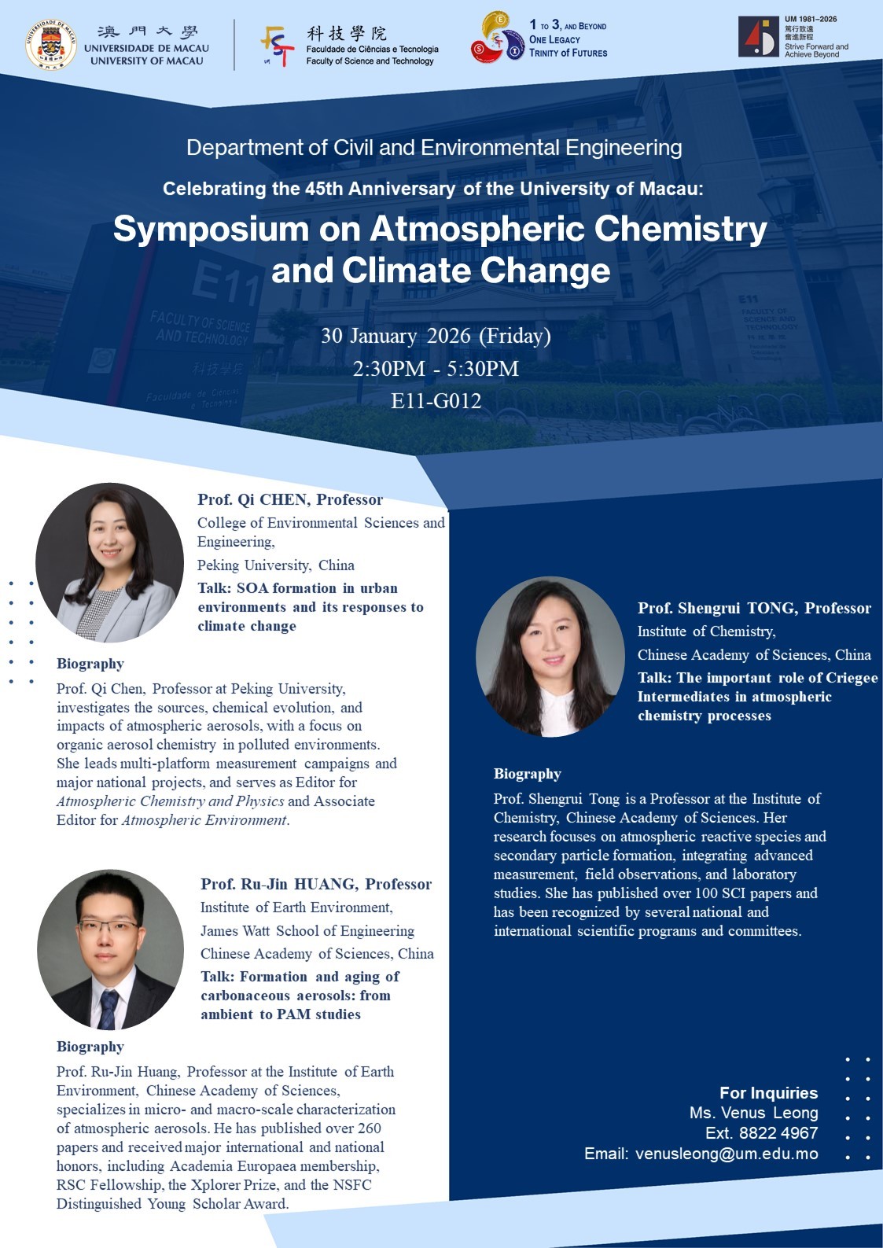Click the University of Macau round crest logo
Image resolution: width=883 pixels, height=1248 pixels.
point(50,45)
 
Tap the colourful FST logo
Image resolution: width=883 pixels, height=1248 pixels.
point(277,46)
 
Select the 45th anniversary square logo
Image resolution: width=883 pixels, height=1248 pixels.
point(758,36)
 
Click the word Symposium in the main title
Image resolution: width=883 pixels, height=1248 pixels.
point(211,229)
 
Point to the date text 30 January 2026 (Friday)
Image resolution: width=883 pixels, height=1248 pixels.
point(436,336)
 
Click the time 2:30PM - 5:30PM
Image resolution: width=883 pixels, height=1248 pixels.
point(436,368)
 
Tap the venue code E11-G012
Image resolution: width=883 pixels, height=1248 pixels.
point(436,400)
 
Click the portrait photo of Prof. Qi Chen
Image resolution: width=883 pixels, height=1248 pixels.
point(110,562)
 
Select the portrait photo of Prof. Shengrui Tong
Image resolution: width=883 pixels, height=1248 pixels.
point(550,657)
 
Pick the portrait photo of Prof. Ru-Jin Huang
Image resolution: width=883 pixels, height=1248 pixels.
point(110,949)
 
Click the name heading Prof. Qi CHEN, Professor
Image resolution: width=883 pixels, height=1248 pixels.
point(290,499)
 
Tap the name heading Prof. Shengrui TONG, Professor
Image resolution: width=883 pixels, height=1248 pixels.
point(754,608)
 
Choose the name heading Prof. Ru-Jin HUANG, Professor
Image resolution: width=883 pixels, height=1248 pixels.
point(316,884)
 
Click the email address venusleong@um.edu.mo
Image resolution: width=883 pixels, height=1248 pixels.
point(727,1154)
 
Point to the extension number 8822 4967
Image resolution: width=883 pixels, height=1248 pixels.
point(778,1132)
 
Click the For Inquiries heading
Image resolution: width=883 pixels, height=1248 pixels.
point(769,1092)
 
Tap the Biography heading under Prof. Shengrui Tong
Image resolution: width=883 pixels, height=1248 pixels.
point(527,774)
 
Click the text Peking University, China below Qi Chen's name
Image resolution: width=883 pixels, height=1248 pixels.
point(276,565)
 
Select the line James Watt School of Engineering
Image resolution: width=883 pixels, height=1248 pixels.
point(307,930)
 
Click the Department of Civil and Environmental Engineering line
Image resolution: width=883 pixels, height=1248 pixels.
point(434,148)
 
